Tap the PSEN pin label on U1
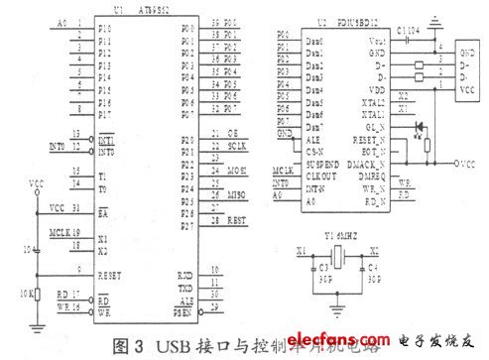point(183,311)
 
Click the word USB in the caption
point(158,346)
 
